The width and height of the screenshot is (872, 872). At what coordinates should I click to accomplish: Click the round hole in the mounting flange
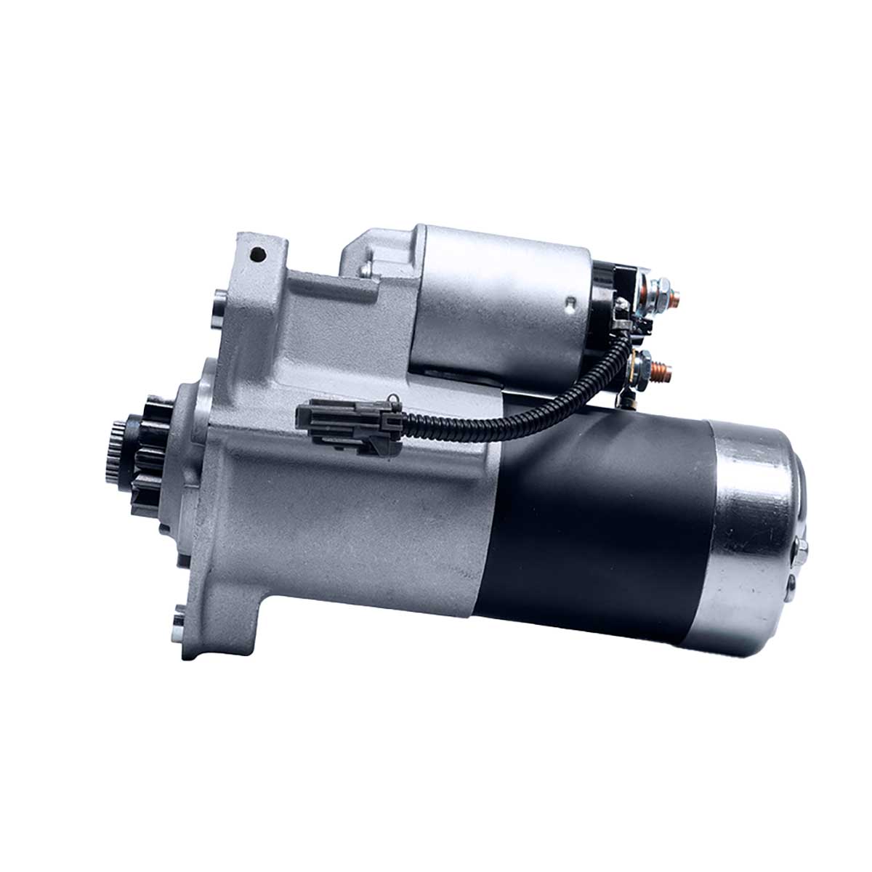255,254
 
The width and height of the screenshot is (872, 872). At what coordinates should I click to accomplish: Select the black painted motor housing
603,523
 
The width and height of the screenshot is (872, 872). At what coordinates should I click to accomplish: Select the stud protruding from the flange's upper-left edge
219,298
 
